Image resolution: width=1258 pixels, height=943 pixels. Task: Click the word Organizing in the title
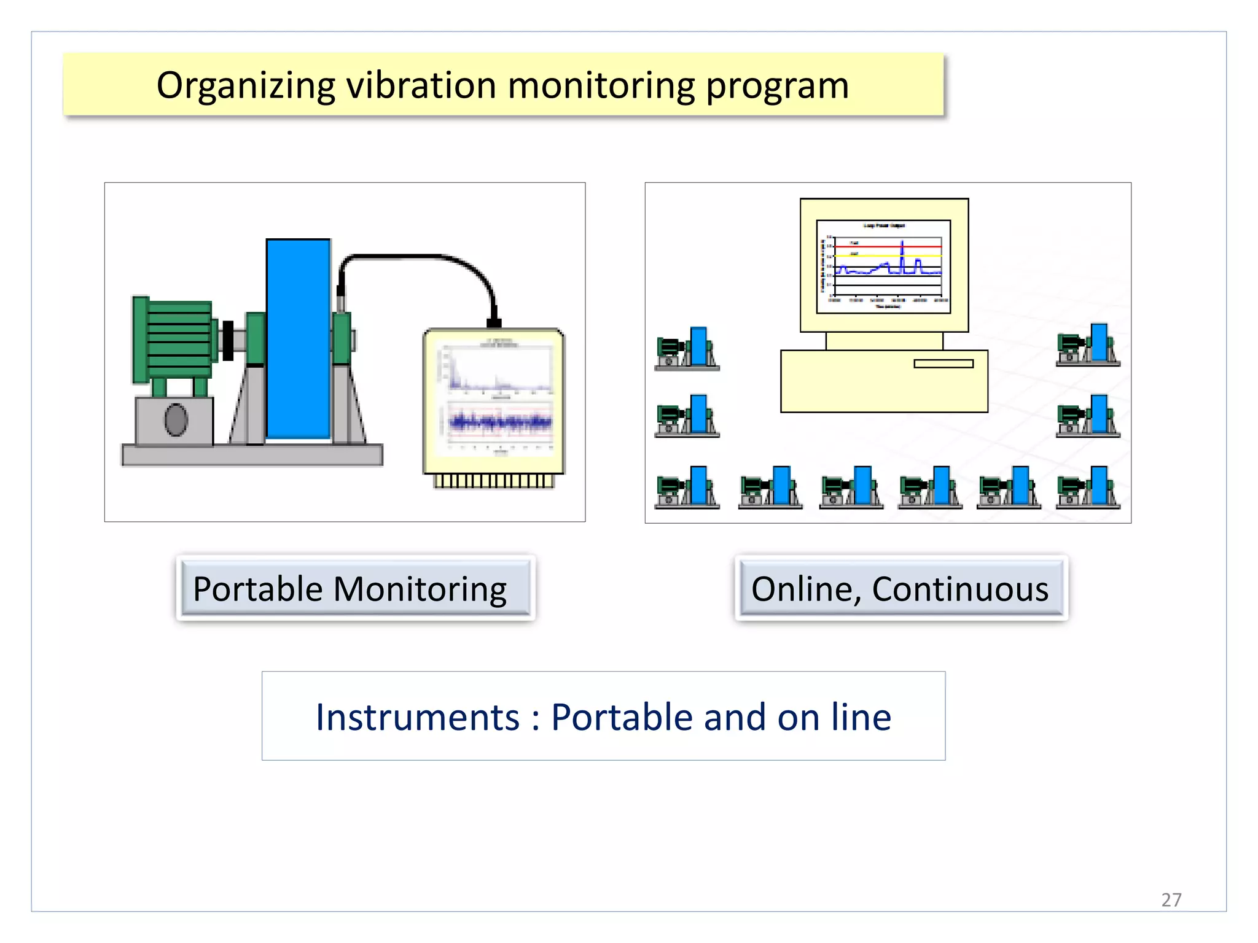point(245,85)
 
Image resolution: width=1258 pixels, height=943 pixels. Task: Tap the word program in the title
point(777,85)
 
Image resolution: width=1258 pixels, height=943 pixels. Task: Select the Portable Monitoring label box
point(355,588)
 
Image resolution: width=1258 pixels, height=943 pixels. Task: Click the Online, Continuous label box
point(901,588)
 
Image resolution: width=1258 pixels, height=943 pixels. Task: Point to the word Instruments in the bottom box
point(417,716)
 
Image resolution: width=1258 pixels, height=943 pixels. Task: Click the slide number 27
point(1171,899)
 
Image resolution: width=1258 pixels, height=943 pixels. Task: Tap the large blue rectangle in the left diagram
point(298,338)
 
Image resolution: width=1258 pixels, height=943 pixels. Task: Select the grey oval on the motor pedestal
point(176,420)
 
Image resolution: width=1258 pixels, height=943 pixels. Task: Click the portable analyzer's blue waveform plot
point(500,422)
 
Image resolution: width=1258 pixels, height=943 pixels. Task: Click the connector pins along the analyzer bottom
point(494,481)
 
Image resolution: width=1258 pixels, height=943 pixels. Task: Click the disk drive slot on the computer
point(943,363)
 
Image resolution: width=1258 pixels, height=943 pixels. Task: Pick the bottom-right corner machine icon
point(1088,487)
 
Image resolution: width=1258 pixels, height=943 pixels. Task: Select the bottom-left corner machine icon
point(687,487)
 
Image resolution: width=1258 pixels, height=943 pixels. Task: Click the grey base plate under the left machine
point(252,455)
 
